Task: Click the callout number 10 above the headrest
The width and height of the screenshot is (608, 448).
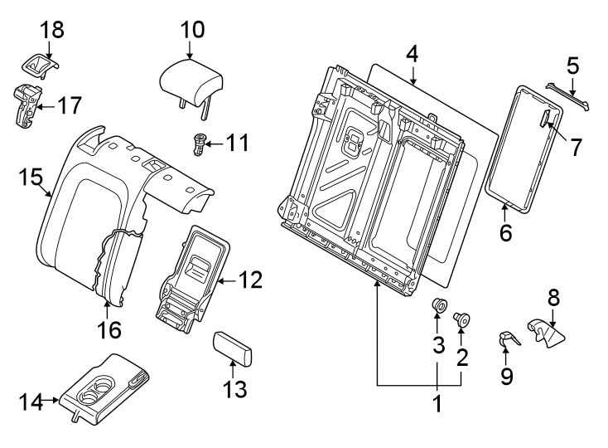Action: click(191, 30)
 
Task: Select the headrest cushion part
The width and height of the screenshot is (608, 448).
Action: click(191, 81)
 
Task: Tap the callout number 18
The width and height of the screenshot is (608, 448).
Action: click(51, 29)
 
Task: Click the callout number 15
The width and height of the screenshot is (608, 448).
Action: click(30, 178)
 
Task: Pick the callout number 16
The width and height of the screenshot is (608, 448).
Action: click(109, 329)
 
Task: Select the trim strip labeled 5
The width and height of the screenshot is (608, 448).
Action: click(568, 97)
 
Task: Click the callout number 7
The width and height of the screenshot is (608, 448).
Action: click(573, 147)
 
